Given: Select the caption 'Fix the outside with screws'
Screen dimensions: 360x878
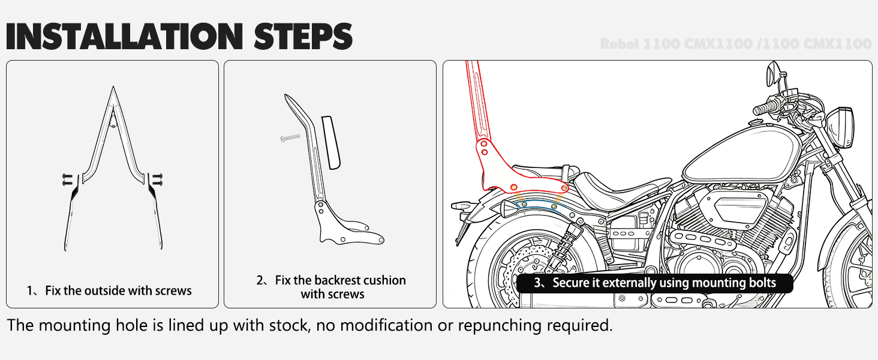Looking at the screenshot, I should click(110, 291).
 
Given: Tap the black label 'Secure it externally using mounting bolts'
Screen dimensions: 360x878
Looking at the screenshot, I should click(655, 283).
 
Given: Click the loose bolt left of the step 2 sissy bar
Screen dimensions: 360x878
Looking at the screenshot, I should click(290, 139).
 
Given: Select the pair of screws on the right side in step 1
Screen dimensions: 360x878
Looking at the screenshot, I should click(158, 178).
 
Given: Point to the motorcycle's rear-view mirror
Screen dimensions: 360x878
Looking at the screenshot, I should click(772, 76).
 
